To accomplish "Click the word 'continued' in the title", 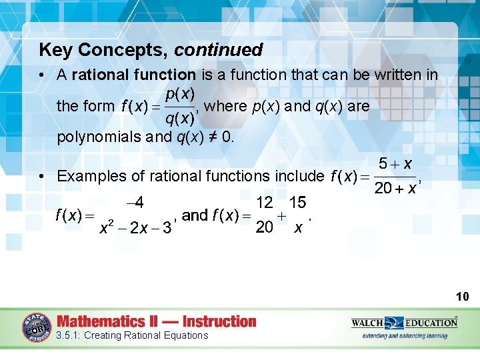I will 219,50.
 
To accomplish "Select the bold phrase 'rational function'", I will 133,75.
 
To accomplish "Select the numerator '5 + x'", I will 395,163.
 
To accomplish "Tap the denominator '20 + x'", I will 395,189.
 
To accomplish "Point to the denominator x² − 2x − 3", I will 136,228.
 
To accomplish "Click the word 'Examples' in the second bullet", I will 89,176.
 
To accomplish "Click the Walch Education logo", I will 404,323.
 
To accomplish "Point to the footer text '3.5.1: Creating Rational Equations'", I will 133,335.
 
